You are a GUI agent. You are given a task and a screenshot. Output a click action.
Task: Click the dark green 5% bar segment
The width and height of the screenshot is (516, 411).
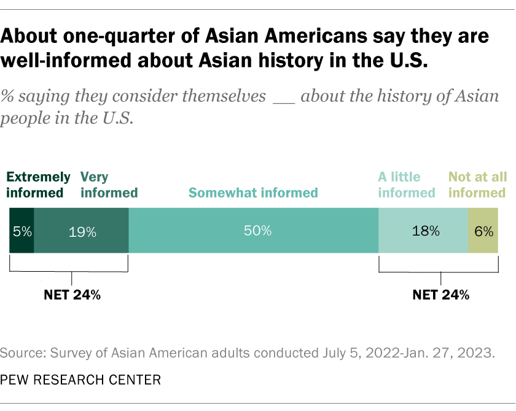pyautogui.click(x=21, y=231)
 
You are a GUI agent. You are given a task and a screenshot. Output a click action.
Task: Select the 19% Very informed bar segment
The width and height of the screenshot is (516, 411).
pyautogui.click(x=81, y=231)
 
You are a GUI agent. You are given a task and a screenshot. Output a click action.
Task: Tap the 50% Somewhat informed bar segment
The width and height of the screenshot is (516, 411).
pyautogui.click(x=253, y=231)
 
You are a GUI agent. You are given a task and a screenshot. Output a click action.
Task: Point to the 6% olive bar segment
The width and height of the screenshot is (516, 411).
pyautogui.click(x=483, y=231)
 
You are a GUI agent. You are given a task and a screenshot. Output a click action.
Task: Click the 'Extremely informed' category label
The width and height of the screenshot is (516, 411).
pyautogui.click(x=38, y=185)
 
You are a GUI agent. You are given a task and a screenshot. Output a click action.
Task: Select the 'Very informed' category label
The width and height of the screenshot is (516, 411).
pyautogui.click(x=109, y=185)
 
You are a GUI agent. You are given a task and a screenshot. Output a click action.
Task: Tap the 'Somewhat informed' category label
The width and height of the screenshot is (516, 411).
pyautogui.click(x=253, y=193)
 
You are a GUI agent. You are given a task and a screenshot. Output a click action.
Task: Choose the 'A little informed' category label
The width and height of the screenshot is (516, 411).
pyautogui.click(x=406, y=185)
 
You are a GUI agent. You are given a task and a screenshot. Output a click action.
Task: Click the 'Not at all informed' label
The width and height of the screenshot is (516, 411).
pyautogui.click(x=477, y=185)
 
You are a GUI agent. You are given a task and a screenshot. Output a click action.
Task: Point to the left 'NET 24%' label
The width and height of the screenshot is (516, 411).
pyautogui.click(x=72, y=294)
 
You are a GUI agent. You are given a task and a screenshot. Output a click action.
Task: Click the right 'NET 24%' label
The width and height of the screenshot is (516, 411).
pyautogui.click(x=440, y=294)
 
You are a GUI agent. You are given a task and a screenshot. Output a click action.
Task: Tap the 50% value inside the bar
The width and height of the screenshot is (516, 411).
pyautogui.click(x=257, y=231)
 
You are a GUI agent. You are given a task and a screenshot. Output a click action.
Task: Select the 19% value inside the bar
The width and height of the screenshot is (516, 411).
pyautogui.click(x=82, y=232)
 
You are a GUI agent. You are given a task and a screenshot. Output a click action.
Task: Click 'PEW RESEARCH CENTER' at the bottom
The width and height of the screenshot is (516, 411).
pyautogui.click(x=80, y=380)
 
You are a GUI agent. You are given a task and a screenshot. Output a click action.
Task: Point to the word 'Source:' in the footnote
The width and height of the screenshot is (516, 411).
pyautogui.click(x=22, y=354)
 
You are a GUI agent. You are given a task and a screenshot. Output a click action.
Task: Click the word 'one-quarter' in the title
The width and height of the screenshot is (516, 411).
pyautogui.click(x=120, y=36)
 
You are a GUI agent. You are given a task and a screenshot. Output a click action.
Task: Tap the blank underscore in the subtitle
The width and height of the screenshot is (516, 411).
pyautogui.click(x=283, y=97)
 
